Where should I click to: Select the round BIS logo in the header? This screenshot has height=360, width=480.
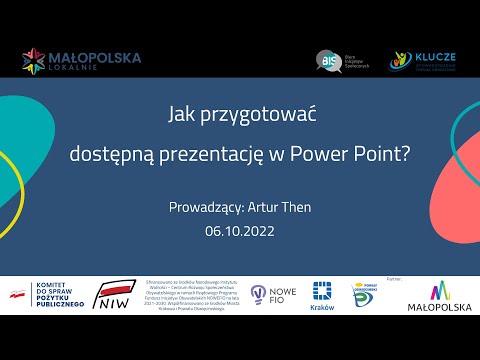(325, 59)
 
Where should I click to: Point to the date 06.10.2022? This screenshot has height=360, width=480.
(239, 231)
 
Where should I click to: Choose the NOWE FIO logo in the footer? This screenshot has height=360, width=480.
(271, 294)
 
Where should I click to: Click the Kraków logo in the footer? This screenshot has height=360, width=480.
(322, 295)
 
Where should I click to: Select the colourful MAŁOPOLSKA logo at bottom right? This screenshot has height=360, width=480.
(435, 296)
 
